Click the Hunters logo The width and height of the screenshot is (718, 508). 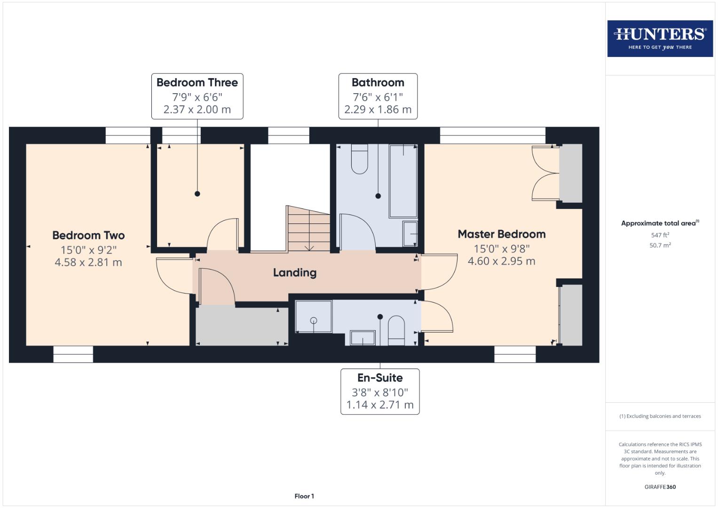(660, 38)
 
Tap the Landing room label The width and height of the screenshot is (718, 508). (295, 273)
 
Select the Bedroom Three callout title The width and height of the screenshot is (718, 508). (197, 83)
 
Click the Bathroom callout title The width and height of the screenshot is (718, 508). (378, 83)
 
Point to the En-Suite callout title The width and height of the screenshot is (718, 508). (380, 378)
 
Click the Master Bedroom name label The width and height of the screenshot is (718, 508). (502, 234)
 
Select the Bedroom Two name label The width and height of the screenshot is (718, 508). (88, 236)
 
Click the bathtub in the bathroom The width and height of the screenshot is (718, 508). (403, 181)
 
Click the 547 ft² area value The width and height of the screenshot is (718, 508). (660, 235)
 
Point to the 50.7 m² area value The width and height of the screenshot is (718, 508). (660, 245)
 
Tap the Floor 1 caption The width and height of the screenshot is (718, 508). (304, 496)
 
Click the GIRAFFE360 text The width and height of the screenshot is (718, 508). (660, 487)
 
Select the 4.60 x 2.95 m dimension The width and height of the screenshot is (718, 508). (501, 262)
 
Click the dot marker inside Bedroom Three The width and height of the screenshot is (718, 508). (197, 194)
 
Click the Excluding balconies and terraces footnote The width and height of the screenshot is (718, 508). (660, 416)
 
